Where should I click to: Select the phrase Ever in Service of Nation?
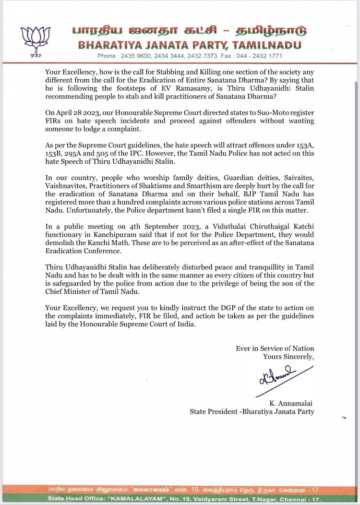275,348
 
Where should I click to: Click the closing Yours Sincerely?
288,356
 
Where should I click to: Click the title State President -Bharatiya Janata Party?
252,411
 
